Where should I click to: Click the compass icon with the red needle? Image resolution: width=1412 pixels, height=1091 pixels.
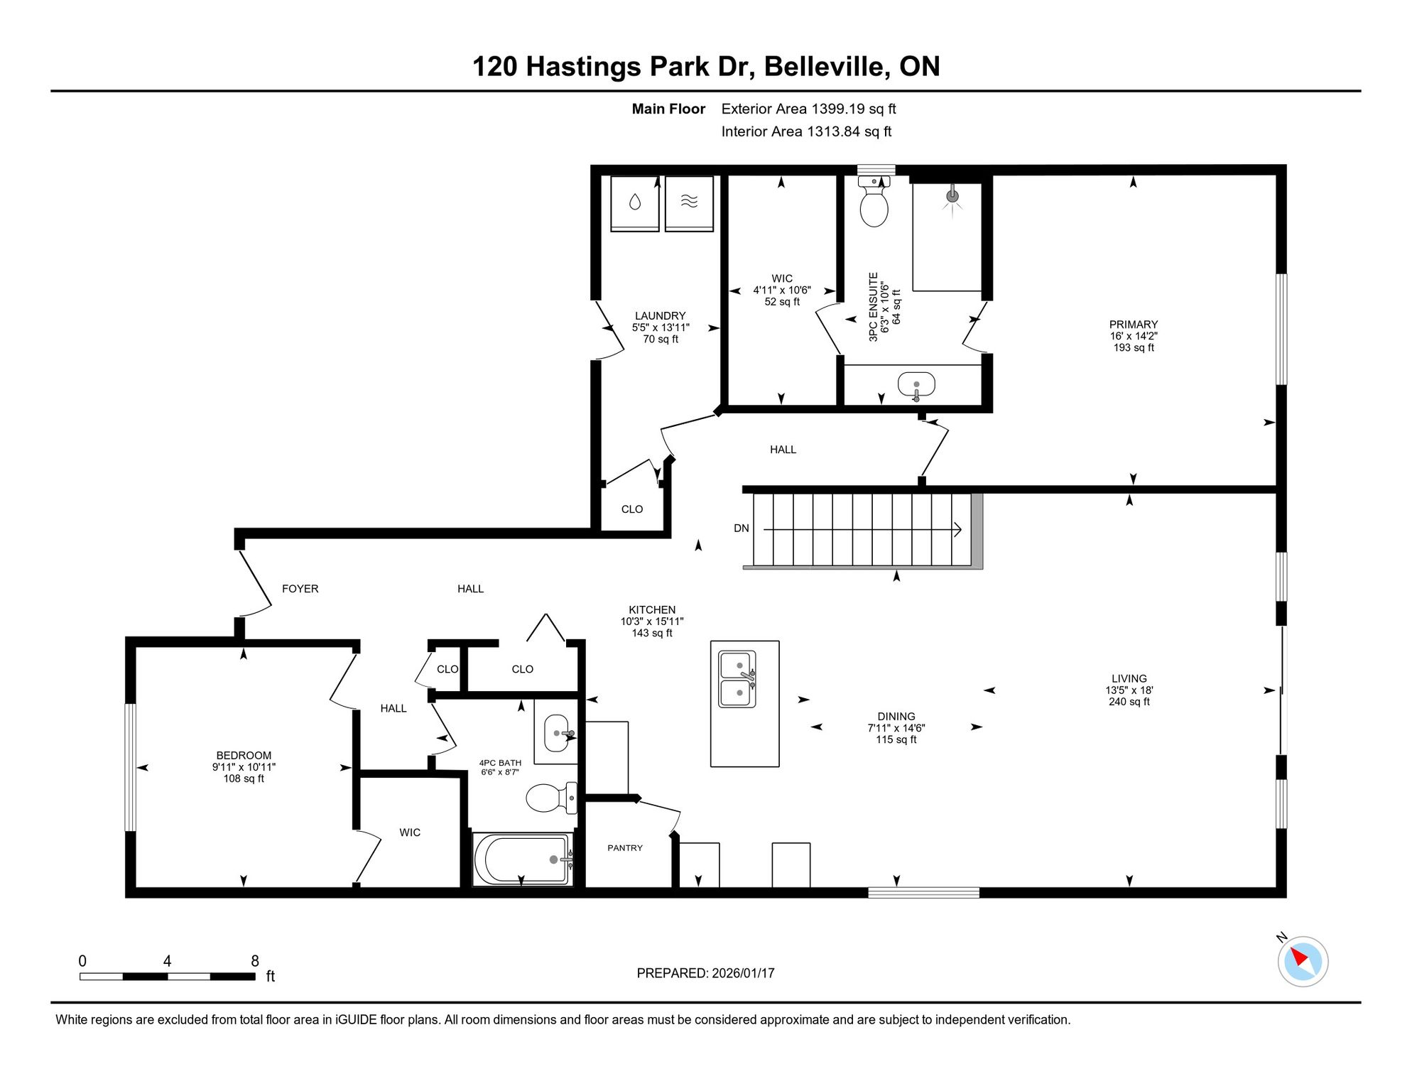(1303, 962)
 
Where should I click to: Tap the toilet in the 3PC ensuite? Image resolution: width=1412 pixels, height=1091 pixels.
(874, 201)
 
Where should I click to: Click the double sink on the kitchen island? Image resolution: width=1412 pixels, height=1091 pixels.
(738, 680)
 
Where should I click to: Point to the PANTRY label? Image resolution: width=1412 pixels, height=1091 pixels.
(625, 848)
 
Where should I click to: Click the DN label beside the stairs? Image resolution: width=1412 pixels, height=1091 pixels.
(742, 528)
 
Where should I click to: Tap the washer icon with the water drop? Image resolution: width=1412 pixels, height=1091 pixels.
(634, 203)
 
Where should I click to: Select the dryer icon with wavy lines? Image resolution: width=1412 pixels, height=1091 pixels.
(689, 203)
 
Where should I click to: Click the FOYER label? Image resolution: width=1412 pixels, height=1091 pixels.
(300, 589)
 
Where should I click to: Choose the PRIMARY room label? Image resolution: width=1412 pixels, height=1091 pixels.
(1134, 325)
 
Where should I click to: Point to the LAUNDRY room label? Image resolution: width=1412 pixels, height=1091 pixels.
(661, 316)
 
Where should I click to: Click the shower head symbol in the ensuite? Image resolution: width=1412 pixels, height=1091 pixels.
(953, 196)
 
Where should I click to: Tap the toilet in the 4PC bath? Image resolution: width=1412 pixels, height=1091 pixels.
(552, 798)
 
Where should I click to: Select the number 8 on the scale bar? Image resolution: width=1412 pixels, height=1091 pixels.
(255, 961)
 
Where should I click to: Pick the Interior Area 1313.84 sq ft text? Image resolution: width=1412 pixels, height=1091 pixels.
(806, 131)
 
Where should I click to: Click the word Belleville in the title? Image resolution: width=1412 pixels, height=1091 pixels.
(827, 67)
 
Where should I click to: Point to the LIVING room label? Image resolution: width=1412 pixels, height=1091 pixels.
(1129, 678)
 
